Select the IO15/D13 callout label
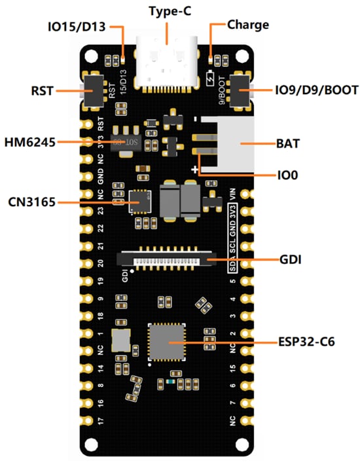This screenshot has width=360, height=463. [77, 27]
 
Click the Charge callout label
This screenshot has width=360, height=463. [248, 26]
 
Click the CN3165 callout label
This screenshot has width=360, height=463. [31, 203]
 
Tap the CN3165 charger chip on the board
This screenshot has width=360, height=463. [139, 202]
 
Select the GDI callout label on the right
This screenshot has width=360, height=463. [290, 260]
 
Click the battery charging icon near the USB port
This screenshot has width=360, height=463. [209, 80]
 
